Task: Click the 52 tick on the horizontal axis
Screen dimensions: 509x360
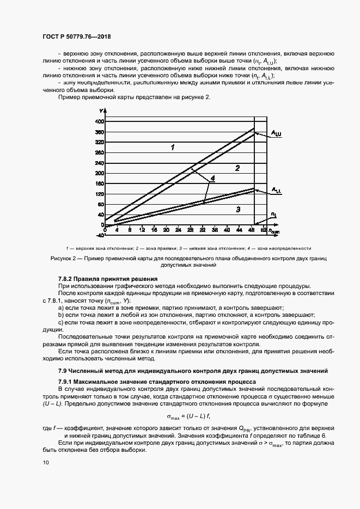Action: pyautogui.click(x=264, y=230)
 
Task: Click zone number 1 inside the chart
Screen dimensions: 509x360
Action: pyautogui.click(x=172, y=147)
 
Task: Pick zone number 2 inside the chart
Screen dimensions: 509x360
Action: pyautogui.click(x=237, y=168)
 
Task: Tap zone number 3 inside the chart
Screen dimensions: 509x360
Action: pyautogui.click(x=237, y=209)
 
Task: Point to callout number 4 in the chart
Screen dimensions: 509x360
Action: pyautogui.click(x=213, y=178)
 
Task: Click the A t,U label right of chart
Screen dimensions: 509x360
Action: pyautogui.click(x=277, y=132)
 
